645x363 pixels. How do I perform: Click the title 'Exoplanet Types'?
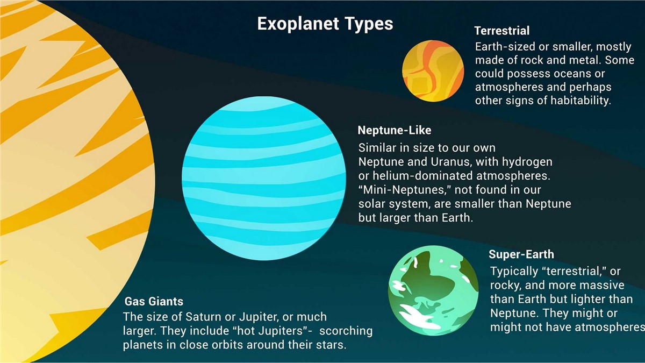click(x=325, y=24)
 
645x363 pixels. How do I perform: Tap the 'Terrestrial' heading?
click(x=502, y=31)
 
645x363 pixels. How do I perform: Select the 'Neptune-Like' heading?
click(x=395, y=130)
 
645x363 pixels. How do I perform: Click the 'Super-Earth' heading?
click(x=521, y=254)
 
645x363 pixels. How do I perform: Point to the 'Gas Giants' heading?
click(x=154, y=301)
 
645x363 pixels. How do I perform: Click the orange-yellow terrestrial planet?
click(x=433, y=71)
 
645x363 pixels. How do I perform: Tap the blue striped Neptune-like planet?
click(x=264, y=179)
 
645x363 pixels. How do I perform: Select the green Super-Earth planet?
click(x=433, y=290)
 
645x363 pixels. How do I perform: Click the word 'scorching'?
click(x=346, y=331)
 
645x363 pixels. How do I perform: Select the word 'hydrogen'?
click(x=527, y=162)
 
